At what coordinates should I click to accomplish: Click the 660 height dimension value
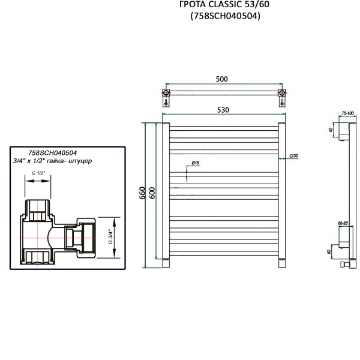tap(143, 193)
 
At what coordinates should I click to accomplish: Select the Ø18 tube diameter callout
tap(196, 163)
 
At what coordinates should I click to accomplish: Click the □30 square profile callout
tap(294, 156)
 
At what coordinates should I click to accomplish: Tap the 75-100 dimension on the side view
tap(347, 113)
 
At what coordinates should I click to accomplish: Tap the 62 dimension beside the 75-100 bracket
tap(331, 128)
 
